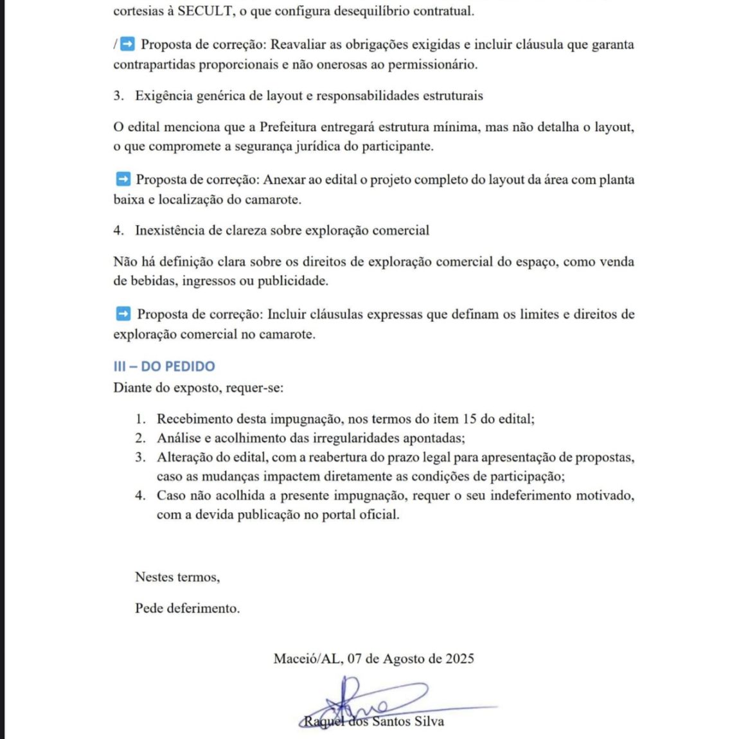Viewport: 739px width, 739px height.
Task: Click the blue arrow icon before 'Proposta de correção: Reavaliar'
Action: point(128,44)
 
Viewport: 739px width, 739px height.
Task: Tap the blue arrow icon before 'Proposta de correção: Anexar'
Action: point(123,179)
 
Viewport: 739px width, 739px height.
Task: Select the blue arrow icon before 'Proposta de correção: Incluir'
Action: point(123,314)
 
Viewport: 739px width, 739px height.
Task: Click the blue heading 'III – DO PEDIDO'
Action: point(164,366)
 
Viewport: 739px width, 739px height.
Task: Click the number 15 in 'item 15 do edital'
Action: point(469,419)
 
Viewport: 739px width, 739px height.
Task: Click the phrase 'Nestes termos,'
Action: point(177,577)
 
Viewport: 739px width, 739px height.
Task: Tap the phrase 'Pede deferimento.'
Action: point(187,608)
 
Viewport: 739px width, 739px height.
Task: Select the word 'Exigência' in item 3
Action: point(163,96)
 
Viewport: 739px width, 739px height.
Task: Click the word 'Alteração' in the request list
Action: point(185,458)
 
